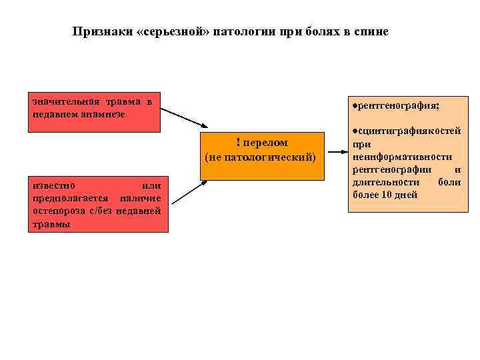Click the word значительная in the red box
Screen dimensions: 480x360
[x=65, y=101]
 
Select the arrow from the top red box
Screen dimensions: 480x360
[x=184, y=117]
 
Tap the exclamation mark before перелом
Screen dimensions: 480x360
[x=238, y=141]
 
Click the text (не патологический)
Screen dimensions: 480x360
[x=261, y=157]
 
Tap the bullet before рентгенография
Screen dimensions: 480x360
[x=355, y=105]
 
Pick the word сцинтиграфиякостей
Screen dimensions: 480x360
[x=409, y=132]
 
